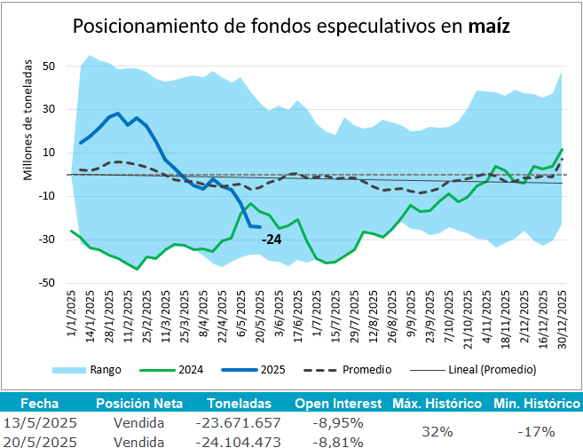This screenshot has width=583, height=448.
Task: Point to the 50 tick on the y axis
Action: pos(49,67)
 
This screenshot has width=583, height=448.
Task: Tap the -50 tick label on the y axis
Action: pos(46,283)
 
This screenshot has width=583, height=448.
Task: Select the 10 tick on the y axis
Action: pos(49,153)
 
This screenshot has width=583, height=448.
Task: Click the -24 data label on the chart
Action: pos(272,240)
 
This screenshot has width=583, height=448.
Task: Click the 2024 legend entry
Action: pos(203,369)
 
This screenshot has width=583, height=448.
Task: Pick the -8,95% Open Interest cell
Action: pos(338,422)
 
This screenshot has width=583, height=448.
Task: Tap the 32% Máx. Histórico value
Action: pos(437,431)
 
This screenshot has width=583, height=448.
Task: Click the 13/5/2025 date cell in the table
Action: pos(43,422)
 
